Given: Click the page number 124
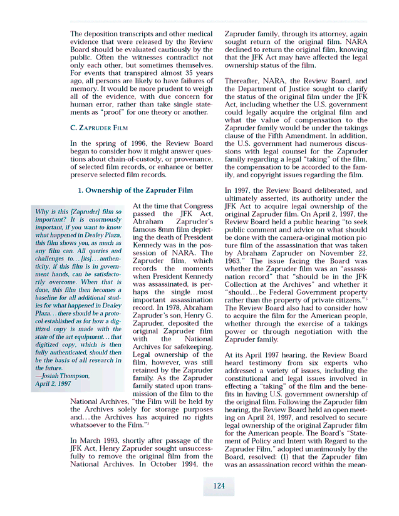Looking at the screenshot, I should pyautogui.click(x=219, y=486).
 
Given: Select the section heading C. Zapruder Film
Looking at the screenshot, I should pyautogui.click(x=100, y=127).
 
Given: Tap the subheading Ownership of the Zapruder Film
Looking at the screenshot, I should pyautogui.click(x=135, y=190).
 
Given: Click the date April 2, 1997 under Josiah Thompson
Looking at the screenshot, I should pyautogui.click(x=53, y=383).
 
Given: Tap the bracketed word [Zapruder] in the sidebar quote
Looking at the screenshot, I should pyautogui.click(x=73, y=212).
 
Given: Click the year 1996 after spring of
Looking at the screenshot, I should pyautogui.click(x=143, y=143).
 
